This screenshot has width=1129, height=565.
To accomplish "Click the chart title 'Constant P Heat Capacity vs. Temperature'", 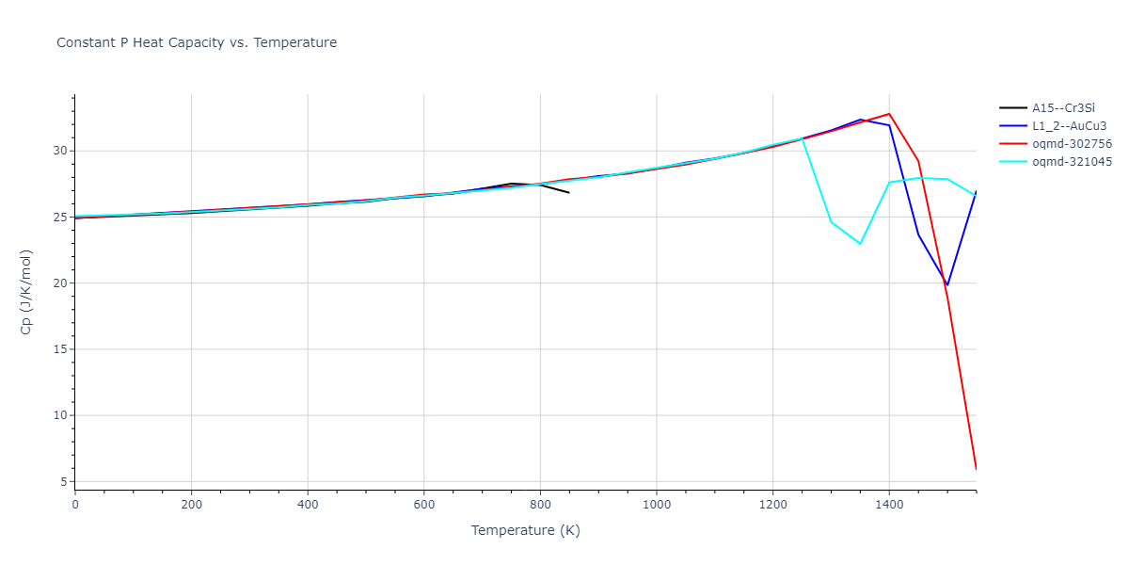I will tap(197, 42).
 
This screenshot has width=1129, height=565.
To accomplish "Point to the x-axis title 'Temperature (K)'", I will tap(525, 531).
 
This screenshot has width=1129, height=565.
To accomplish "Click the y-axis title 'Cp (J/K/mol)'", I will tap(27, 292).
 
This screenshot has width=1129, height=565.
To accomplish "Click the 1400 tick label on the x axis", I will tap(889, 504).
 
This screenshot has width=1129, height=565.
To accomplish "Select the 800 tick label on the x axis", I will tap(540, 504).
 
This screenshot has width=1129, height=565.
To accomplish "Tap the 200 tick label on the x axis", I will tap(191, 504).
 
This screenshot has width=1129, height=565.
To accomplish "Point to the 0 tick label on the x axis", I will tap(75, 504).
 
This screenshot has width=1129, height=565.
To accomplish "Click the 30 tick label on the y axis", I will tap(60, 151).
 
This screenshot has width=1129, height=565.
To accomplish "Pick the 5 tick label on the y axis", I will tap(64, 481).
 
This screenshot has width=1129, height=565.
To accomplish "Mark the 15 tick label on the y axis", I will tap(60, 349).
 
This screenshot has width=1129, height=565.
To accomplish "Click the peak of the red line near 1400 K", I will tap(889, 114).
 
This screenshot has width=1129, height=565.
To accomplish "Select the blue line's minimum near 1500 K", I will tap(947, 285).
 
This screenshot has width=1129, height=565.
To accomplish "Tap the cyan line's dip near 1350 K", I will tap(860, 244).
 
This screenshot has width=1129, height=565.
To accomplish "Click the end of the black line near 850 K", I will tap(568, 192).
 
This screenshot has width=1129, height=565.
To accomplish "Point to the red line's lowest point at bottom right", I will tap(976, 468).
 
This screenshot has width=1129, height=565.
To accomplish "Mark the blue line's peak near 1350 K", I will tap(861, 120).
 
